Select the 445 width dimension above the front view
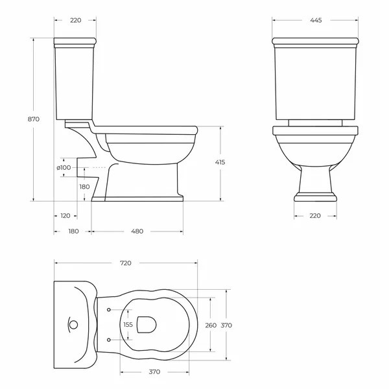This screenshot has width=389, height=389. coord(316,20)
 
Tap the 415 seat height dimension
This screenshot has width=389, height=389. coord(220,162)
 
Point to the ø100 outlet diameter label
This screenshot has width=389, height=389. coord(64,168)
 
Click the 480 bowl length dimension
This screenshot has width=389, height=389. coord(137,231)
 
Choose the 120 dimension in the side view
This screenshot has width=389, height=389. coord(65,216)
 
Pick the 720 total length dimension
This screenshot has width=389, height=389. coord(125,263)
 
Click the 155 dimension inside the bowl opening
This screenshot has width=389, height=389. coord(128,325)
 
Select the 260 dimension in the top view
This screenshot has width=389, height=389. coord(210,325)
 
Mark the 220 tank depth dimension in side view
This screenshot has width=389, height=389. coord(75,20)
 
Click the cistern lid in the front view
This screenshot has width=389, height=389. coord(316,43)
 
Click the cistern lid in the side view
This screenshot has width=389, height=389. coord(75,43)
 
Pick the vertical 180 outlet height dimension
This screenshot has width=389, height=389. coord(85,187)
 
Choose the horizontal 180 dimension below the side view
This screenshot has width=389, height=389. coord(73,231)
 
